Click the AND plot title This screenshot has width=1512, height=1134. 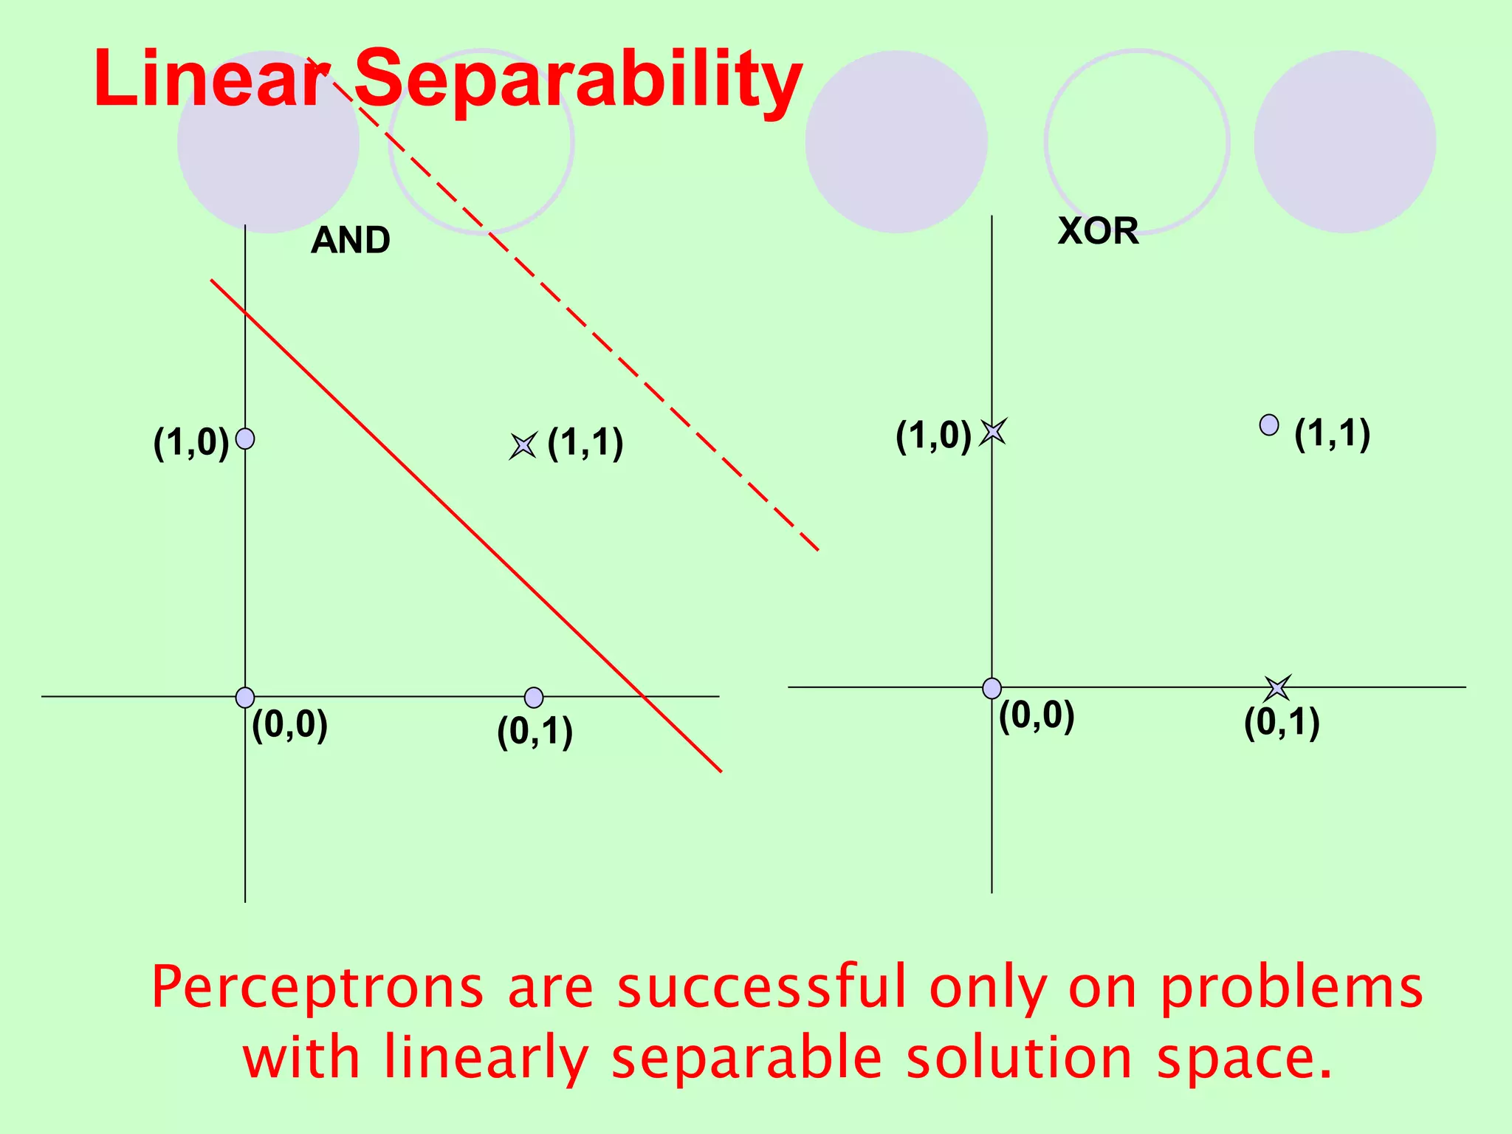(x=351, y=241)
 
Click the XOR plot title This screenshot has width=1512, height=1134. (x=1098, y=231)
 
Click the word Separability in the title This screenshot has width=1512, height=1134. (x=578, y=79)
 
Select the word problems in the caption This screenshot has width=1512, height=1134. (x=1291, y=989)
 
